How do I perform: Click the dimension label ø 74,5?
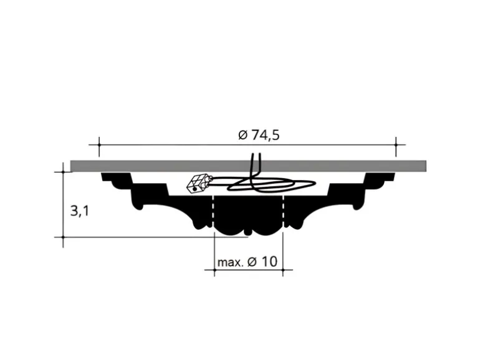click(x=259, y=135)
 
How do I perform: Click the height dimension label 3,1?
click(x=80, y=211)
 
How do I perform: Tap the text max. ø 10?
click(x=247, y=262)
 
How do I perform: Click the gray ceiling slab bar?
click(x=248, y=166)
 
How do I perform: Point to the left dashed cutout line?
click(x=213, y=211)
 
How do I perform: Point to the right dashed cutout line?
click(x=284, y=211)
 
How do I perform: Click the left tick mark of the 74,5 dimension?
click(x=99, y=145)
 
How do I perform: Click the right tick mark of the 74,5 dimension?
click(x=396, y=145)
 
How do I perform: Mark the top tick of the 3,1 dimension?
click(x=64, y=172)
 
